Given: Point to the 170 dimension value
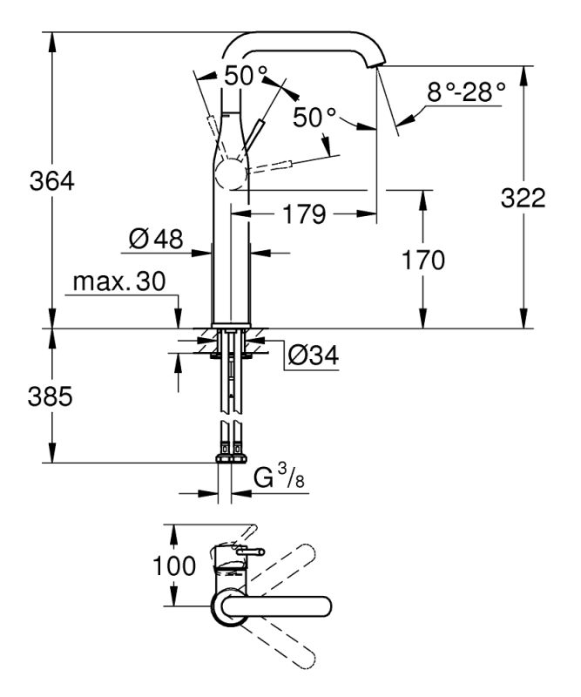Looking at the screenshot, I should (x=422, y=260).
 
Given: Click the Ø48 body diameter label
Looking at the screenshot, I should (x=157, y=240).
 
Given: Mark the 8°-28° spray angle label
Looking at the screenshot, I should (x=466, y=91).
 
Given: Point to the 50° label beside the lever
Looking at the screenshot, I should (x=314, y=118).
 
